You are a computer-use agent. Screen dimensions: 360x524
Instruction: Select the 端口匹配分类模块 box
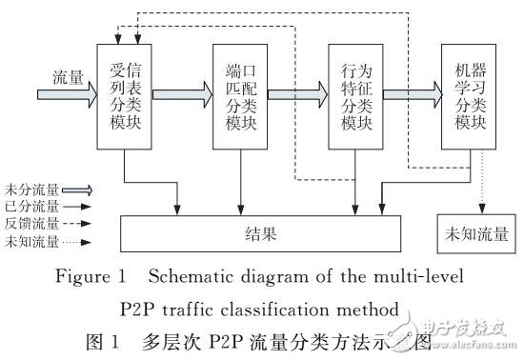click(x=240, y=95)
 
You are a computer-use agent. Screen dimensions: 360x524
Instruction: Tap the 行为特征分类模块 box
click(x=354, y=95)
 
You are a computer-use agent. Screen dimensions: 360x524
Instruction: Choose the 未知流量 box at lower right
click(x=470, y=231)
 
